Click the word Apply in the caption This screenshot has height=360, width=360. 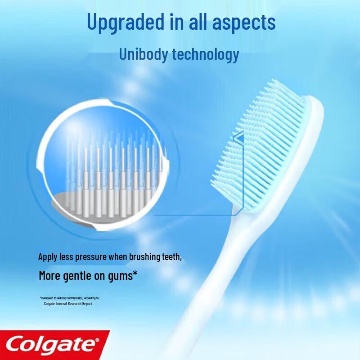click(47, 257)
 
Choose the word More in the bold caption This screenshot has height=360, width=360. click(49, 275)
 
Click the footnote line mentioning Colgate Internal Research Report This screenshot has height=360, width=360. click(68, 304)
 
